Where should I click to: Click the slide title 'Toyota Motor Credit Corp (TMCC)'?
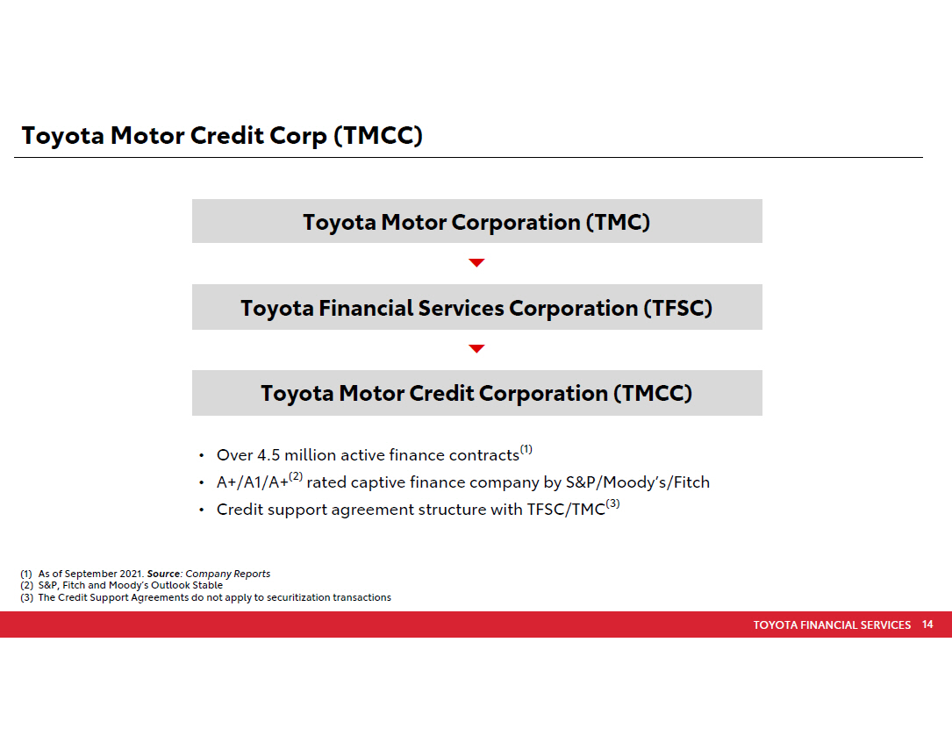coord(222,135)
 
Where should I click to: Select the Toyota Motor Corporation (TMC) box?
coord(476,221)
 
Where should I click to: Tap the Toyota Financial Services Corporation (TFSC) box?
coord(476,307)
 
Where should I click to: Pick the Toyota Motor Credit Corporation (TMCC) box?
coord(476,393)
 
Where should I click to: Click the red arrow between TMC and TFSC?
coord(476,262)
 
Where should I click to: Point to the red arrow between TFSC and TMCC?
coord(476,348)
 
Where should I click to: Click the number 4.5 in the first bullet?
coord(268,455)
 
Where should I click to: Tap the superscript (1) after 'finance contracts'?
coord(526,450)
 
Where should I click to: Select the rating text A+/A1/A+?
coord(253,482)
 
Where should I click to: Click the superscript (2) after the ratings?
coord(295,476)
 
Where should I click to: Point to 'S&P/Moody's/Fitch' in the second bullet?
coord(638,482)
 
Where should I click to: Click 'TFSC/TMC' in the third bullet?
coord(566,510)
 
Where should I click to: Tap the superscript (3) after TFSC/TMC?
coord(612,503)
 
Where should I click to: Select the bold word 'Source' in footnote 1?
coord(163,574)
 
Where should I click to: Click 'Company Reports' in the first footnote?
coord(227,574)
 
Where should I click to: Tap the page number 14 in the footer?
coord(927,624)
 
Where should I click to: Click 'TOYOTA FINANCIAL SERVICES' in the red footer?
coord(832,625)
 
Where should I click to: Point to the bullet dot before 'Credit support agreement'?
coord(202,510)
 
